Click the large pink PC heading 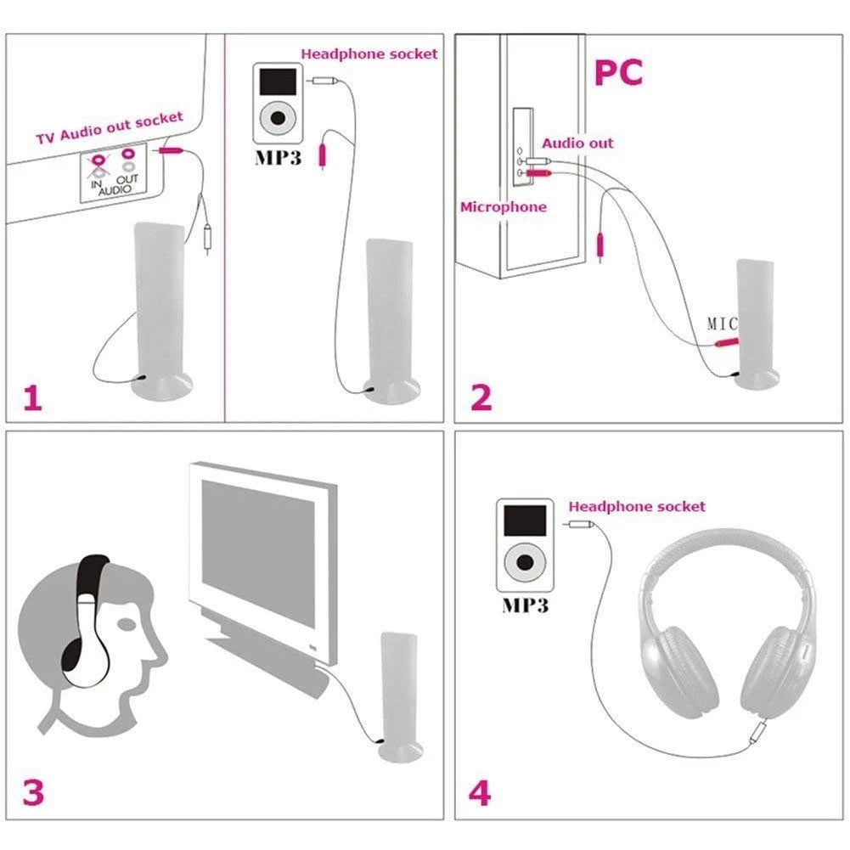click(618, 73)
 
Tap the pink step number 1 click(31, 397)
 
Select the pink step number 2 click(481, 397)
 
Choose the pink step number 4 click(480, 792)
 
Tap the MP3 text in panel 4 click(525, 605)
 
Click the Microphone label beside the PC click(504, 206)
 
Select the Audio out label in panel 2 click(577, 143)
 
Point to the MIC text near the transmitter click(722, 324)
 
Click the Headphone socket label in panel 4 click(637, 506)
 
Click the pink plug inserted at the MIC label click(726, 342)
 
